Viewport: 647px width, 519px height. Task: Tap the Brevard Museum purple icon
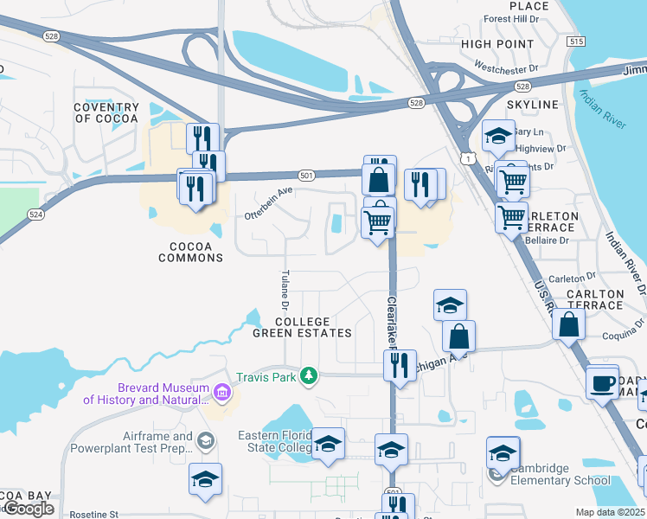pyautogui.click(x=223, y=394)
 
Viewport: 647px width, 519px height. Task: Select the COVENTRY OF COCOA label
pyautogui.click(x=106, y=113)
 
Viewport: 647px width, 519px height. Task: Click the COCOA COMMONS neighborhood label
pyautogui.click(x=190, y=251)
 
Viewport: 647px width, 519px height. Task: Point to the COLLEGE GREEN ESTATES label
pyautogui.click(x=302, y=327)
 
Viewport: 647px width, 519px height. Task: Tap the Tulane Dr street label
pyautogui.click(x=285, y=290)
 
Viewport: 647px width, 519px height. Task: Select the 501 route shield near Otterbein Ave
pyautogui.click(x=306, y=176)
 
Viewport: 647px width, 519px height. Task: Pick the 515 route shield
pyautogui.click(x=576, y=42)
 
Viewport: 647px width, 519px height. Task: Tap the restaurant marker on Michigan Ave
pyautogui.click(x=400, y=364)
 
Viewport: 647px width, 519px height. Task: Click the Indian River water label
pyautogui.click(x=603, y=109)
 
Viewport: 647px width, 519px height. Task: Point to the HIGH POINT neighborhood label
pyautogui.click(x=497, y=44)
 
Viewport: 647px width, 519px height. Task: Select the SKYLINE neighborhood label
pyautogui.click(x=533, y=105)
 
